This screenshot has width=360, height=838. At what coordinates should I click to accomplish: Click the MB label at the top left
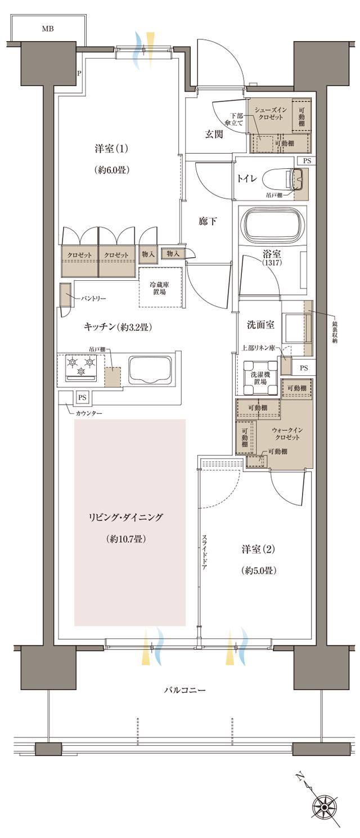(x=47, y=29)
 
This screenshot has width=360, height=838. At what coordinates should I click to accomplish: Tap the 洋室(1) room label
(x=111, y=149)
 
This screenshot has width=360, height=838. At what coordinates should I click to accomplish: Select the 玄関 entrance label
(x=214, y=133)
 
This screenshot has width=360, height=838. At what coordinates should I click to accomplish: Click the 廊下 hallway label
(x=208, y=222)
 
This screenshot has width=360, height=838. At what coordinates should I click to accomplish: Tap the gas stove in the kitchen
(x=80, y=368)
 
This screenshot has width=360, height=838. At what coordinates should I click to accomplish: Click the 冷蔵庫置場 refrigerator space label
(x=161, y=288)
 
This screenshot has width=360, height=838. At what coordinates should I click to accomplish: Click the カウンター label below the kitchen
(x=89, y=414)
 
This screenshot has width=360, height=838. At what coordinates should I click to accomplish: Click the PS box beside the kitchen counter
(x=82, y=397)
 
